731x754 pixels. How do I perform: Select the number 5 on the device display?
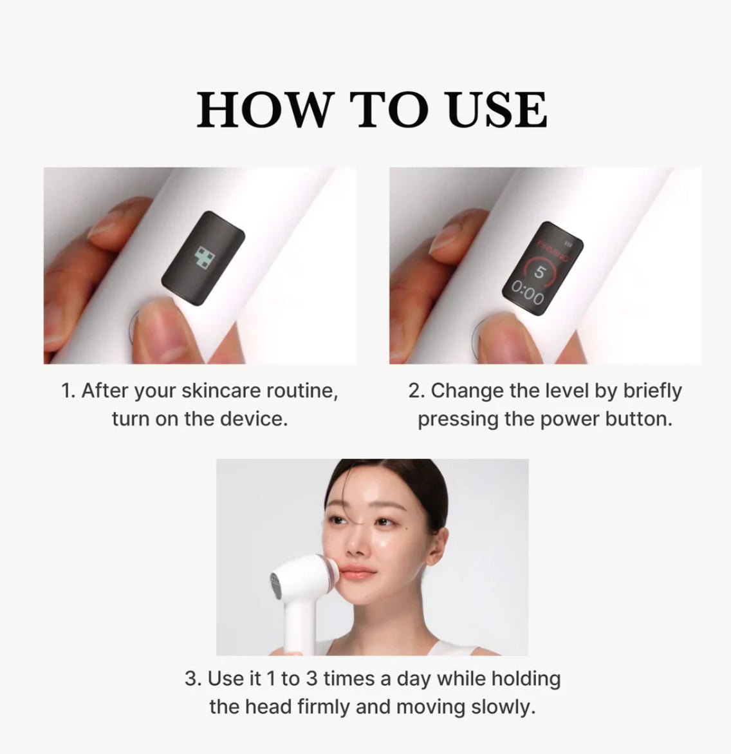click(540, 272)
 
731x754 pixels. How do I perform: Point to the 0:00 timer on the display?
click(528, 294)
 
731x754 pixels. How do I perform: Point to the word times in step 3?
click(349, 679)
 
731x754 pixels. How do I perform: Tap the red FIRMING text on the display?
click(552, 250)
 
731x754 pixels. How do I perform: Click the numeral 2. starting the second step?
click(417, 390)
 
